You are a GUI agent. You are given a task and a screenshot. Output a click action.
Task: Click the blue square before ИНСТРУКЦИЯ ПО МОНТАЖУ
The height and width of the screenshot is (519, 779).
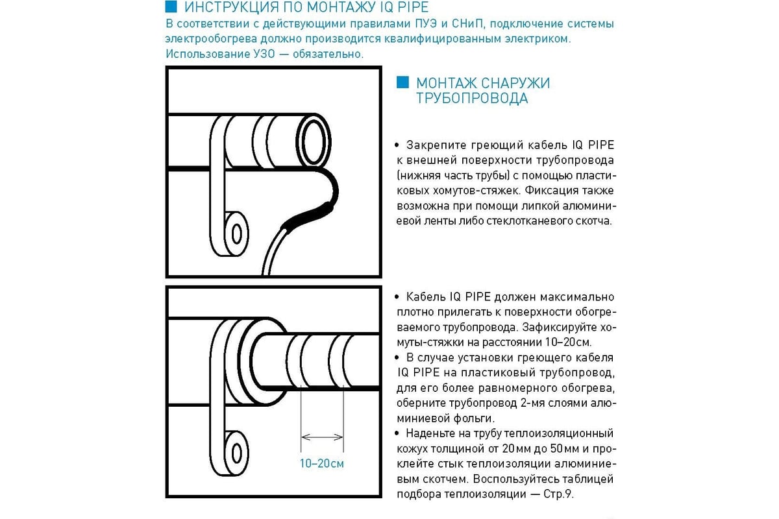click(171, 8)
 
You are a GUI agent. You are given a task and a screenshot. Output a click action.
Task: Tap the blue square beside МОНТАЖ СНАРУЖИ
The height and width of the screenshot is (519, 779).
click(402, 82)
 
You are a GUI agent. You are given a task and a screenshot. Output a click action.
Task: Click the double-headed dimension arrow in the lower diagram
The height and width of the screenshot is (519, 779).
click(322, 436)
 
